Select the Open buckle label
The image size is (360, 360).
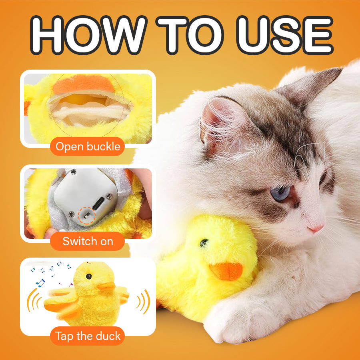[88, 146]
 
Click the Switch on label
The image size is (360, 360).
[88, 241]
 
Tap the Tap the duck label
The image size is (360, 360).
[88, 336]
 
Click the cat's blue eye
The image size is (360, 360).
[280, 193]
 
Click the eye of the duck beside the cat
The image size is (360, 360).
[205, 242]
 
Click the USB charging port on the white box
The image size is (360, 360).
[108, 200]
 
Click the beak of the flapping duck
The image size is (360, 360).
[106, 286]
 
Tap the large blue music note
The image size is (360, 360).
[40, 283]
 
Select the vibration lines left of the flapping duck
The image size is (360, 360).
[33, 301]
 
